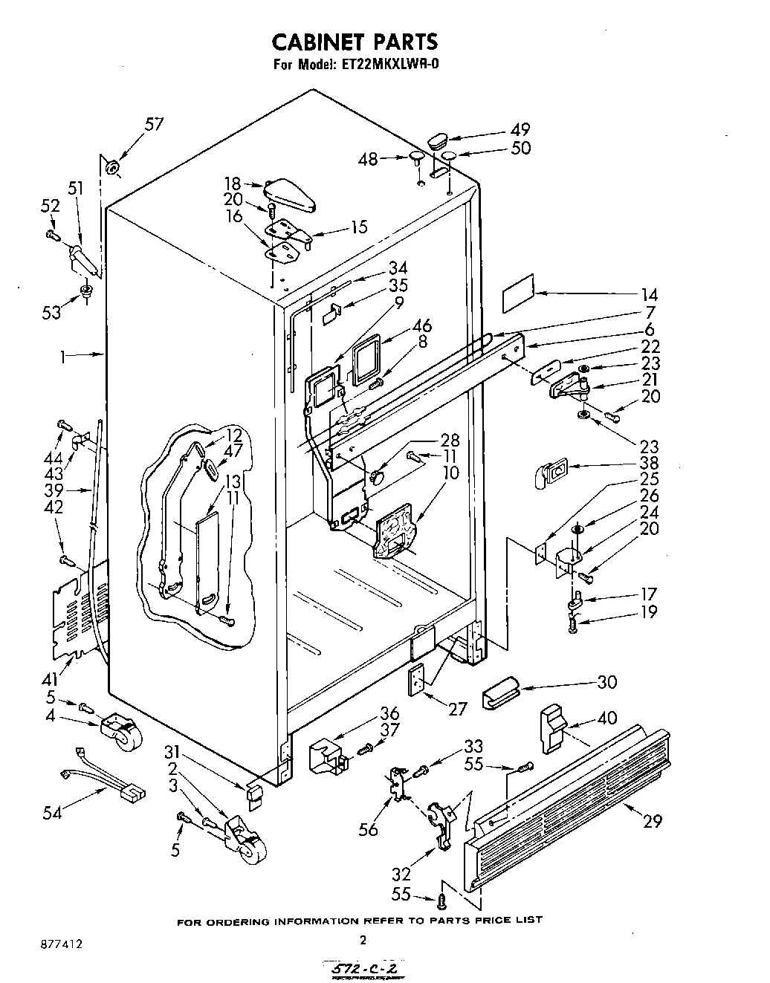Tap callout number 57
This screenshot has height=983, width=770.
(153, 124)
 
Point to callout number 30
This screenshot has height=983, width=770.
(606, 681)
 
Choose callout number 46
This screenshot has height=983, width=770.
(422, 325)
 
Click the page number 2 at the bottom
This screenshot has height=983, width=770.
(363, 940)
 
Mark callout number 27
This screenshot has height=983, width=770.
(457, 709)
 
